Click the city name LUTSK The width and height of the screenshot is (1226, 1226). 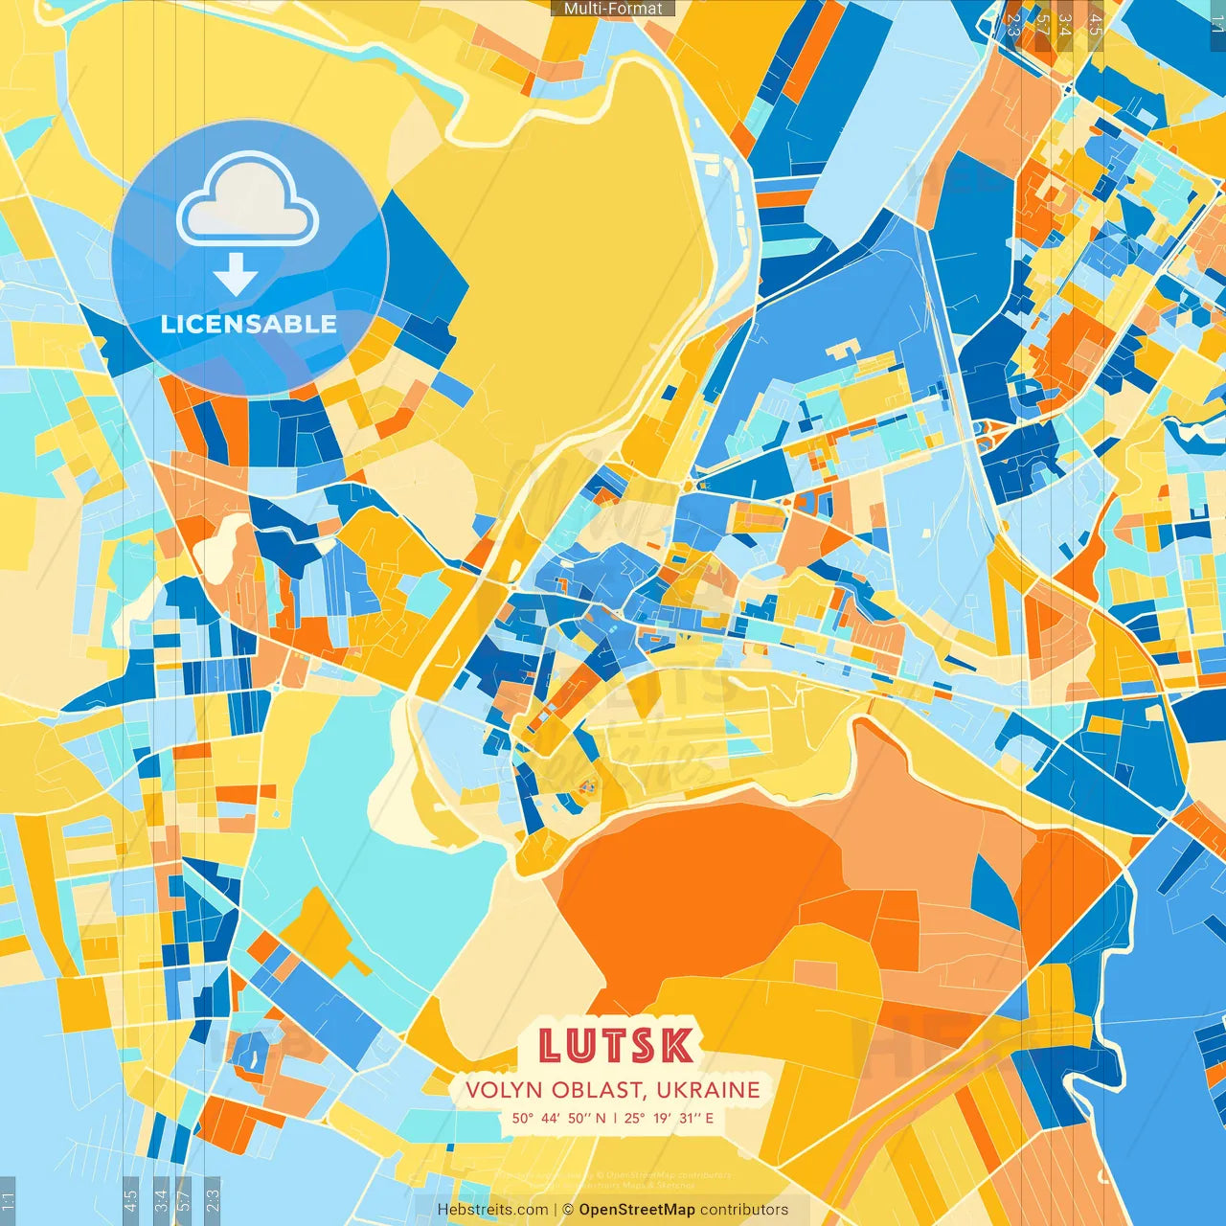point(616,1046)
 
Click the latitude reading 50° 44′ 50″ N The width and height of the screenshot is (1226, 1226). point(558,1118)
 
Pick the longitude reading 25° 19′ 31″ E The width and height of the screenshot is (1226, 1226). point(670,1118)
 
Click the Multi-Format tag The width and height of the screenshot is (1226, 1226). point(613,9)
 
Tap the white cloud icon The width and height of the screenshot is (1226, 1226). point(247,203)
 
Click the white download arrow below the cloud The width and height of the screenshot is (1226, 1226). point(236,276)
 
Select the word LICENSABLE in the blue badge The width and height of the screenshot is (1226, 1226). point(249,324)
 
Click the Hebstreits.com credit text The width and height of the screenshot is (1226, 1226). point(492,1210)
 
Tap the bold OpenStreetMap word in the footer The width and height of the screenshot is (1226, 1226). point(637,1210)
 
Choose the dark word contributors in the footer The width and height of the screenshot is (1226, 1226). point(744,1210)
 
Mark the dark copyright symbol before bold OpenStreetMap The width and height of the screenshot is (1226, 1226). point(568,1210)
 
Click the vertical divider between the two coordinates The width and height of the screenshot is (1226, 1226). point(615,1118)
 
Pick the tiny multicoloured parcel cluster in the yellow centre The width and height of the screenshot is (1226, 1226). point(586,787)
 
